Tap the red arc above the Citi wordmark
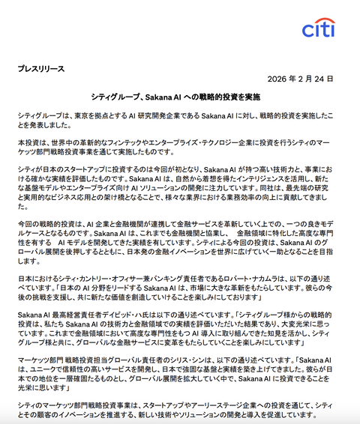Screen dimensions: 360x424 322,20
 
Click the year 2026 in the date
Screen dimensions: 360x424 277,79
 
